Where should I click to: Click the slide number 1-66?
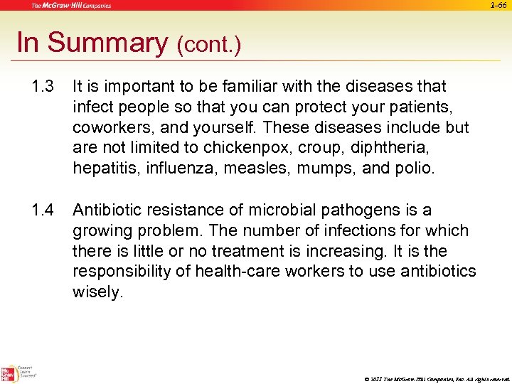point(498,5)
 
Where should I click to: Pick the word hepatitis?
point(102,169)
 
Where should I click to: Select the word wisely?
point(97,293)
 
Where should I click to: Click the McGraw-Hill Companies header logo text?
point(70,5)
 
